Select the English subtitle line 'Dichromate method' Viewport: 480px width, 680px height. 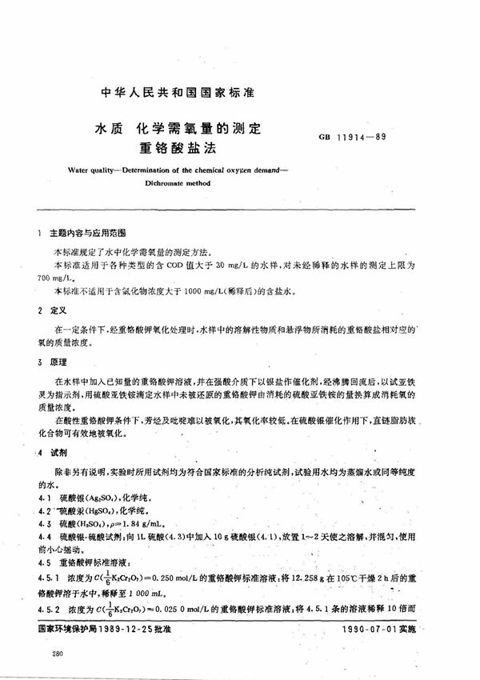178,182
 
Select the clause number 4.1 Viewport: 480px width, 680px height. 43,497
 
